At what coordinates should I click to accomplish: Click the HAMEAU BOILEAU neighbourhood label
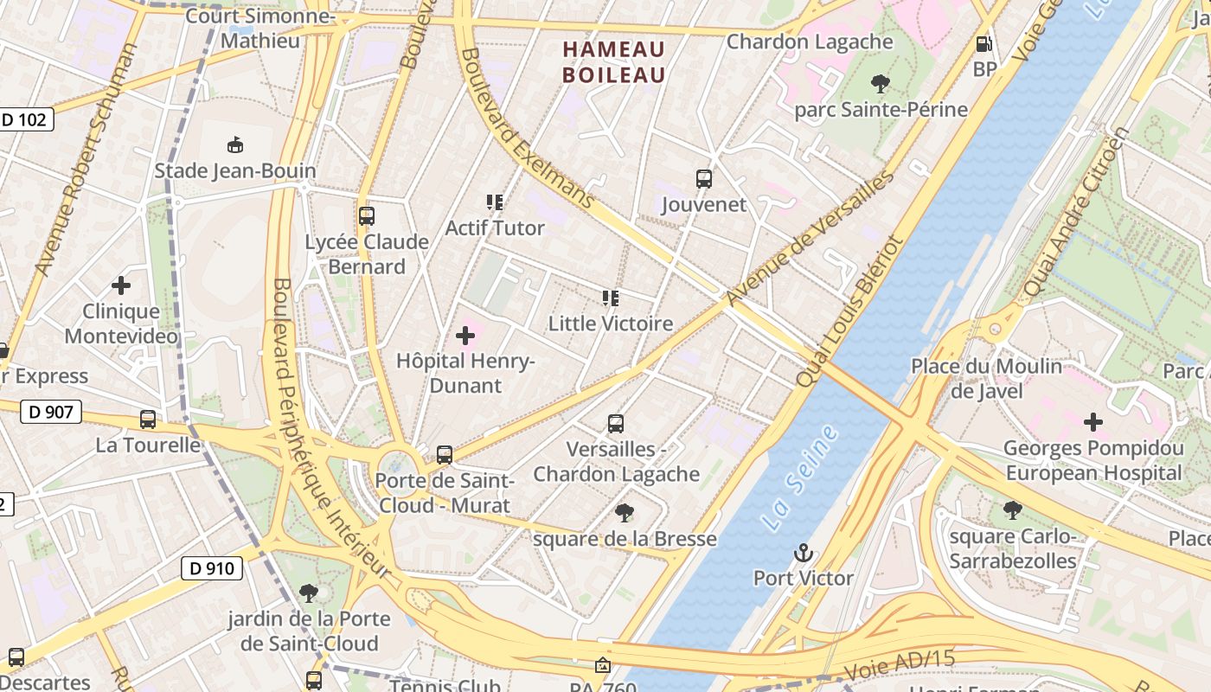[x=614, y=61]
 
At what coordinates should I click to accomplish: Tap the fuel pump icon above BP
[x=984, y=44]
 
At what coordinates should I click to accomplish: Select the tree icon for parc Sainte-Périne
[x=881, y=84]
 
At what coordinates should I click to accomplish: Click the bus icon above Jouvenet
[x=704, y=179]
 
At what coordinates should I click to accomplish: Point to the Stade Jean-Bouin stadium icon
[x=234, y=144]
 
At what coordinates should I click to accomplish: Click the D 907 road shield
[x=51, y=412]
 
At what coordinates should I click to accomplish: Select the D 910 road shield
[x=211, y=568]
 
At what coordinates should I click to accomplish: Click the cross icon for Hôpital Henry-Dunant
[x=465, y=335]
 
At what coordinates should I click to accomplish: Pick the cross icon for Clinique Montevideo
[x=121, y=285]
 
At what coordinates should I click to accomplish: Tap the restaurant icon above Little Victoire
[x=611, y=298]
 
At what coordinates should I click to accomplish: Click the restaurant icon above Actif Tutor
[x=495, y=202]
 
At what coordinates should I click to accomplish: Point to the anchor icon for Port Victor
[x=804, y=552]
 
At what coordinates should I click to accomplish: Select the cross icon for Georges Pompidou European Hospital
[x=1093, y=422]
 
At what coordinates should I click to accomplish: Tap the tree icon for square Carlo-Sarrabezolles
[x=1012, y=510]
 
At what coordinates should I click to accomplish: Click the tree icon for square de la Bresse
[x=625, y=513]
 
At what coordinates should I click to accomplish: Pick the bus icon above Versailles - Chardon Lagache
[x=616, y=424]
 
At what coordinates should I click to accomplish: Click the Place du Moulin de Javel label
[x=986, y=379]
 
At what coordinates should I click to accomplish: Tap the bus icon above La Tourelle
[x=148, y=420]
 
